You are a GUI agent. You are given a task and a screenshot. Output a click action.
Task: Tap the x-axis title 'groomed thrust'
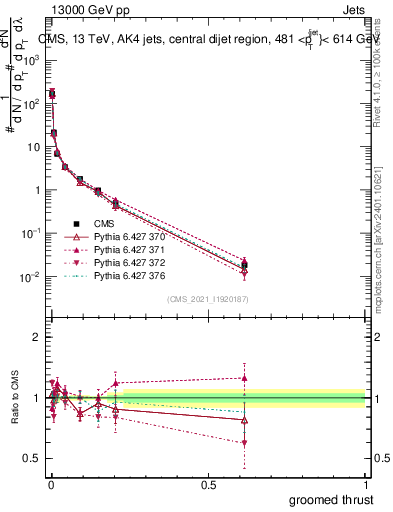(x=332, y=499)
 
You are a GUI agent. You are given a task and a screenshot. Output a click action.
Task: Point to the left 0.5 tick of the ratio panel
(x=32, y=458)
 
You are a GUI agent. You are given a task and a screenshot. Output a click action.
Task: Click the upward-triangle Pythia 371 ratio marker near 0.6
(x=244, y=378)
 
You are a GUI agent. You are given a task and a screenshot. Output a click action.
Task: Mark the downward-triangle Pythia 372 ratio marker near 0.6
(x=244, y=442)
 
